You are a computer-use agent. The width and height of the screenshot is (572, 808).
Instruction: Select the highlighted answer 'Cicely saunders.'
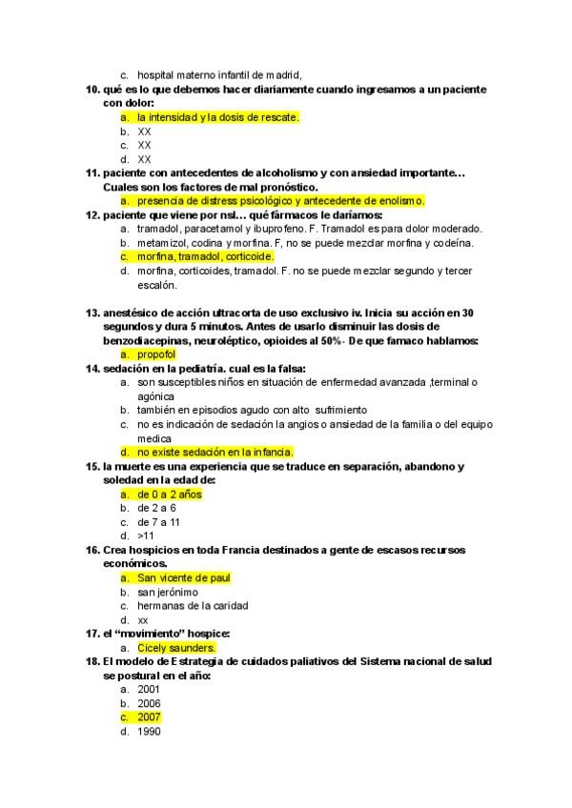(176, 647)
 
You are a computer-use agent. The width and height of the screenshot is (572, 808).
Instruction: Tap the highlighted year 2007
(149, 717)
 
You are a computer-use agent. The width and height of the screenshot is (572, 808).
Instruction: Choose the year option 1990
(149, 731)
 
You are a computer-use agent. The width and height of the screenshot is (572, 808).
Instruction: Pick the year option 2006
(149, 703)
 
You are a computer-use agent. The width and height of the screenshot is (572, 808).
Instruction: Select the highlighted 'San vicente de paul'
(183, 577)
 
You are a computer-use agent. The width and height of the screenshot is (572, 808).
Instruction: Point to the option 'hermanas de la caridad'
(193, 605)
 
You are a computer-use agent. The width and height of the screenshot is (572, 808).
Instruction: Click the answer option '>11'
(147, 535)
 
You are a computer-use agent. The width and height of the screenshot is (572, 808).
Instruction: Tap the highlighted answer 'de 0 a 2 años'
(170, 495)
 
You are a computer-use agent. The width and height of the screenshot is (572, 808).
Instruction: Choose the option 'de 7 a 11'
(159, 522)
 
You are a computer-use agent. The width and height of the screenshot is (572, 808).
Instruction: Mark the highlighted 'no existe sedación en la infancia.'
(215, 452)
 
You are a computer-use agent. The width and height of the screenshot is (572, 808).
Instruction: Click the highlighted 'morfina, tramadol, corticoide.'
(205, 256)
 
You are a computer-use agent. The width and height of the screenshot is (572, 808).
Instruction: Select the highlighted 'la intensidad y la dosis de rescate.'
(218, 117)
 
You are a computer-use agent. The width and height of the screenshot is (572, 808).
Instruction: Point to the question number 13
(92, 313)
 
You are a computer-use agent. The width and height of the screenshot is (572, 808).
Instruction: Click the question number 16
(92, 550)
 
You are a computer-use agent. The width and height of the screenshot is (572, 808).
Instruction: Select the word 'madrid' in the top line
(282, 75)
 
